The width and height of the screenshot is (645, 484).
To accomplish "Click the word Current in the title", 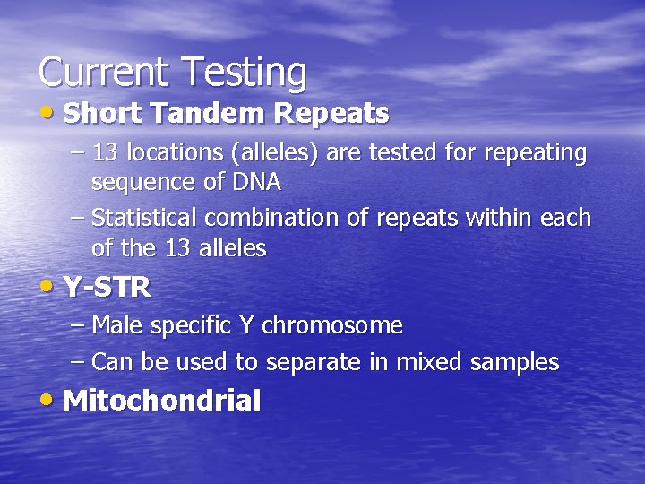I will coord(102,72).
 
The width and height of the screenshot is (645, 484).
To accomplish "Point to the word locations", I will coord(174,153).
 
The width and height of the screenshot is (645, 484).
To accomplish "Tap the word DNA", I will coord(257,183).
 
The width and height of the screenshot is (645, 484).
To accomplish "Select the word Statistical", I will coord(145,219).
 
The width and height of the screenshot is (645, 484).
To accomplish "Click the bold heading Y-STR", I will coord(107,288).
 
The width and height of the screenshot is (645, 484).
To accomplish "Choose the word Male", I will coord(118,325).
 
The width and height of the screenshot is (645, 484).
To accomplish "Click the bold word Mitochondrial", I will coord(162,401).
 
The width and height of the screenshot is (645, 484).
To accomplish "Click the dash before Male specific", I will coord(77,325).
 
